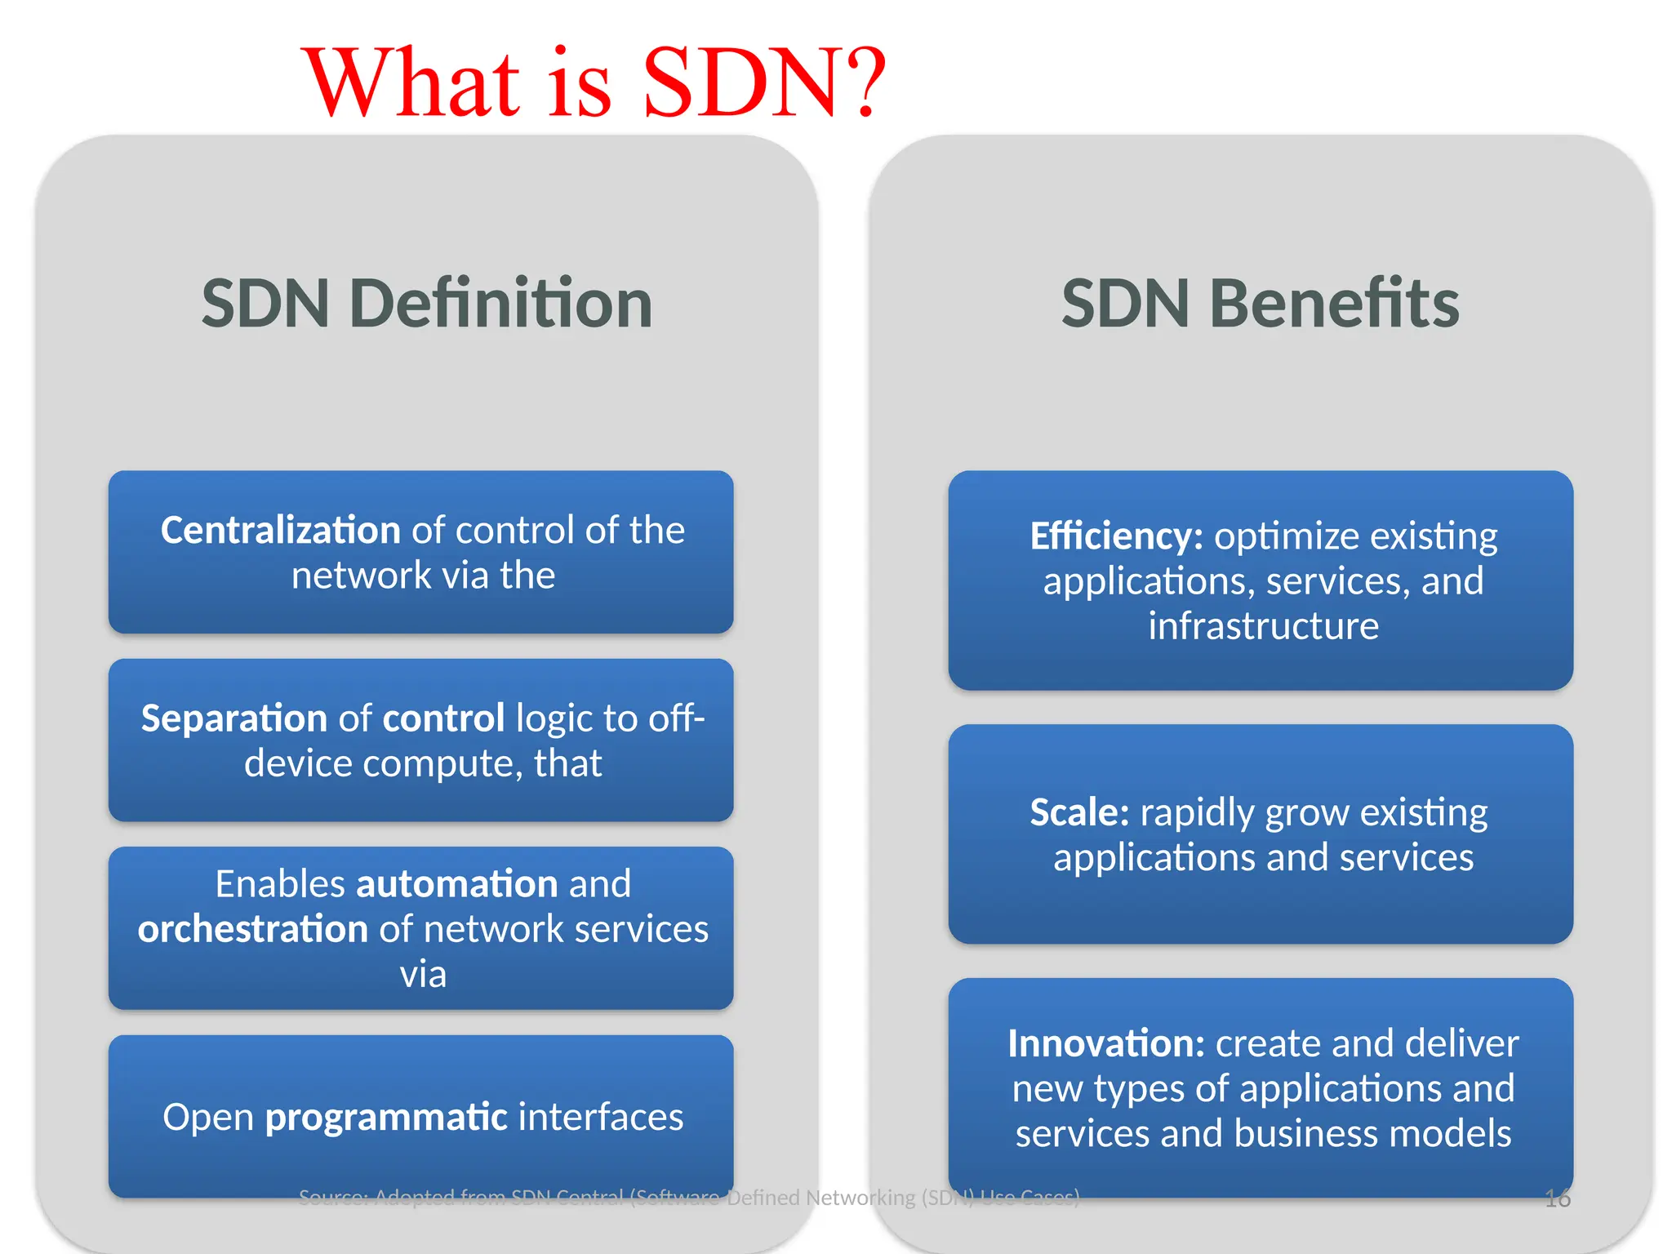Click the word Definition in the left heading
(500, 304)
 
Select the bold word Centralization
(280, 531)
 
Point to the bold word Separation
(233, 718)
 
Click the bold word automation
(457, 884)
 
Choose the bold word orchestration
(253, 929)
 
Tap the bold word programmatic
(386, 1117)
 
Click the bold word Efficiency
(1116, 536)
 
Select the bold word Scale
(1079, 812)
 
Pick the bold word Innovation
(1105, 1043)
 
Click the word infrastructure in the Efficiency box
(1263, 626)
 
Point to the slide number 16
(1558, 1198)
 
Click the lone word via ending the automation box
(423, 975)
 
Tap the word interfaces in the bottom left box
(601, 1117)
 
